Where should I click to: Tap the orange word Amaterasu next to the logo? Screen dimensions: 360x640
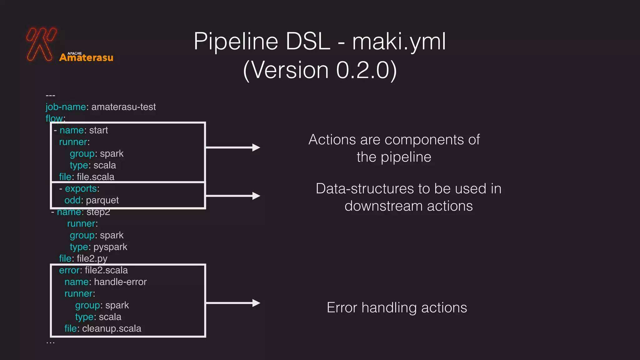pos(86,57)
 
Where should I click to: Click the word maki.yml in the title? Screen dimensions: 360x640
pos(399,42)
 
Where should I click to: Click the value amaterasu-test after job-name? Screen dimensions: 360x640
pos(123,107)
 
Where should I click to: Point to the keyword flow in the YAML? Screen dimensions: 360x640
pos(54,118)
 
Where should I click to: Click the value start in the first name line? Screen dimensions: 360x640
pos(98,130)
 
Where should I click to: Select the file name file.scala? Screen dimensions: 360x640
pos(95,177)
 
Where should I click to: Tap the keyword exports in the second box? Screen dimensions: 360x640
pos(81,189)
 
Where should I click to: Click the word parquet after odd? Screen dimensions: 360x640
pos(102,200)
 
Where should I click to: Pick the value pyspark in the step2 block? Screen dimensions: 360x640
pos(110,247)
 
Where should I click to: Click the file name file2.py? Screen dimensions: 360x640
pos(92,259)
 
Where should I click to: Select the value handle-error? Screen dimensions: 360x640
pos(120,282)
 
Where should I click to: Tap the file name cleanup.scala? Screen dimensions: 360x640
pos(112,329)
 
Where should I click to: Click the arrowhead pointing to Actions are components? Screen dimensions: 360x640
pos(256,147)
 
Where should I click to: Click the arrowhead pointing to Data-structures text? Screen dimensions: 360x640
pos(256,196)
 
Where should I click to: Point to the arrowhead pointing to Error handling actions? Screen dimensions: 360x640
pos(256,303)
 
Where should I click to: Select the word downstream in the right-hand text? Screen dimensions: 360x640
pos(383,206)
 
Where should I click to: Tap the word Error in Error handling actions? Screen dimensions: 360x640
pos(342,308)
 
